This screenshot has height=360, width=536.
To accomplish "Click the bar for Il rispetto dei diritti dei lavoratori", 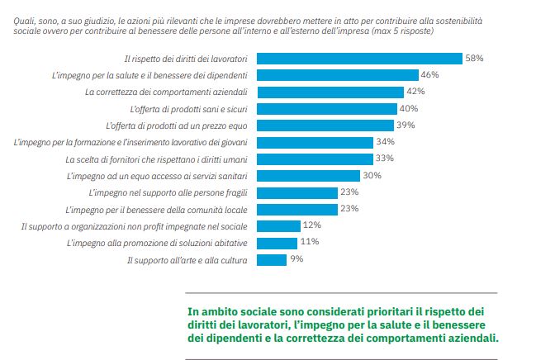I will pos(359,59).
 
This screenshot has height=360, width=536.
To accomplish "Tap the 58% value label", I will pos(474,59).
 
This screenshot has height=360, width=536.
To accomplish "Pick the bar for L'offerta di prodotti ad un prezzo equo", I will pos(325,126).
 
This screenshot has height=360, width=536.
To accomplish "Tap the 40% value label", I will pos(409,109).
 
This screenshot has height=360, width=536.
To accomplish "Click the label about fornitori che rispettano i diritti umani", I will pos(158,159).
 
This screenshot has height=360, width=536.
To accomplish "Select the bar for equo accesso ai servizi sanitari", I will pos(309,176).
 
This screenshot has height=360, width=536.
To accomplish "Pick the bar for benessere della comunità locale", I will pos(297,210).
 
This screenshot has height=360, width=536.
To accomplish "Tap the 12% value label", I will pos(311,225).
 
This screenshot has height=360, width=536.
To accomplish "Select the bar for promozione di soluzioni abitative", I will pos(277,243).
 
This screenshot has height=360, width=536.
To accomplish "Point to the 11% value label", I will pos(310,242).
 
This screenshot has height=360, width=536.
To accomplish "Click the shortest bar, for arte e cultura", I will pos(272,259).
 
